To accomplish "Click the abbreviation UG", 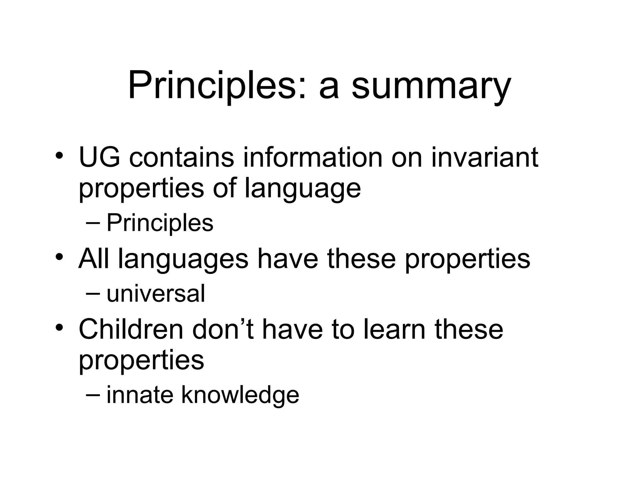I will tap(99, 157).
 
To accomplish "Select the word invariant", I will tap(485, 157).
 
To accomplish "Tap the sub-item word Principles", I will tap(160, 223).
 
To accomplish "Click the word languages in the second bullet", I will tap(183, 259).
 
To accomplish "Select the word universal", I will tap(156, 294).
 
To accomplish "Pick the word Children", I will tap(131, 330).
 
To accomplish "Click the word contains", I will tap(181, 157).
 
